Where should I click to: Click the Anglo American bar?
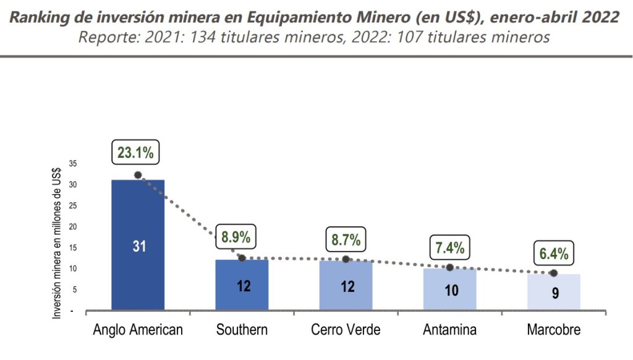pyautogui.click(x=138, y=216)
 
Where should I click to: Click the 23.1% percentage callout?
pyautogui.click(x=135, y=152)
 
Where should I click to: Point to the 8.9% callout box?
pyautogui.click(x=236, y=236)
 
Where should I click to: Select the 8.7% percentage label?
pyautogui.click(x=346, y=239)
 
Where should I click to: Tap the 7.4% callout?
pyautogui.click(x=449, y=248)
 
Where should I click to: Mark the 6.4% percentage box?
pyautogui.click(x=553, y=253)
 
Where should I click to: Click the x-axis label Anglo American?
pyautogui.click(x=138, y=330)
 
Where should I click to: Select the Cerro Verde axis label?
pyautogui.click(x=346, y=330)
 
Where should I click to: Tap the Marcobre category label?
pyautogui.click(x=553, y=330)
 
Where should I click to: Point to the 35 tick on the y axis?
pyautogui.click(x=73, y=164)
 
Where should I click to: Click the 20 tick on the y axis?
pyautogui.click(x=73, y=226)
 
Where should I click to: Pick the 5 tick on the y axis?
pyautogui.click(x=74, y=289)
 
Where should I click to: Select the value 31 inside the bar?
pyautogui.click(x=138, y=246)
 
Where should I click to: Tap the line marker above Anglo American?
pyautogui.click(x=138, y=175)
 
